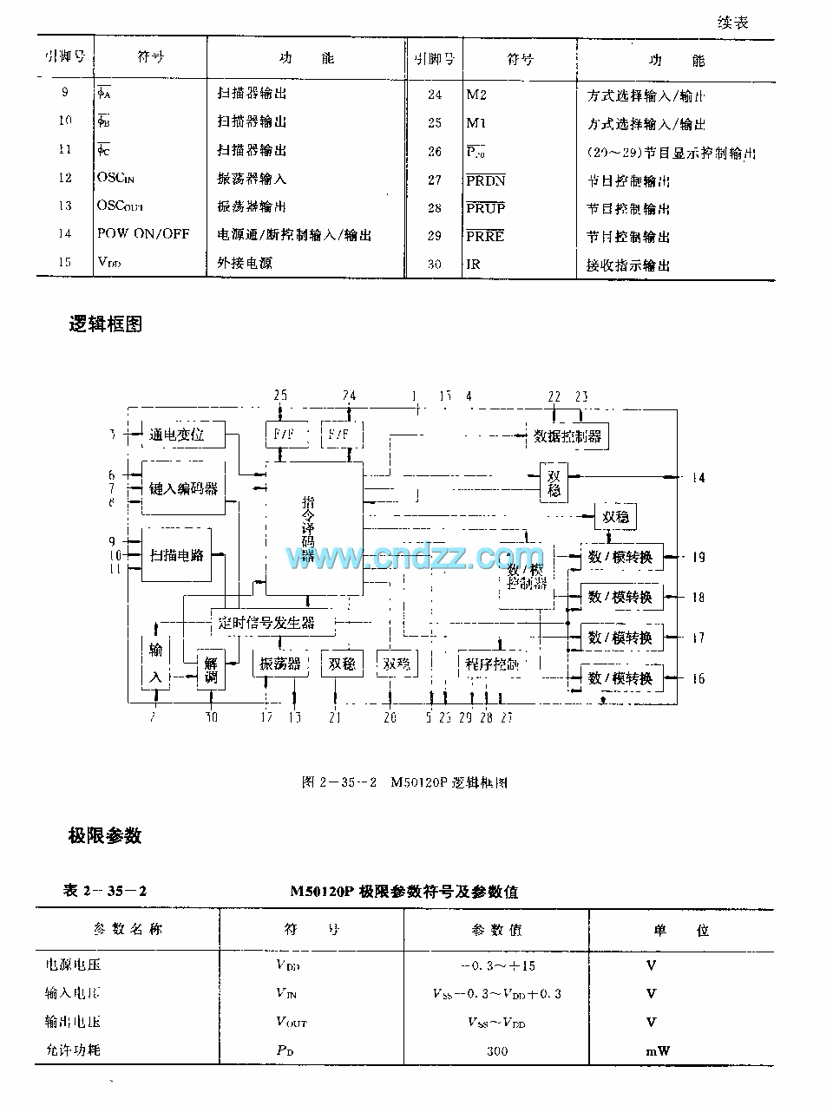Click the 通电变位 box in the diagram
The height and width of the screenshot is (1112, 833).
(177, 435)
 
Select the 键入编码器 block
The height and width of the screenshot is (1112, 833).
(183, 488)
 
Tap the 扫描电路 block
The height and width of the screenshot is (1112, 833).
(177, 554)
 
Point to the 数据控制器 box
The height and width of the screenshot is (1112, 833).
(567, 436)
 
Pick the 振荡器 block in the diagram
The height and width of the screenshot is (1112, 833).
(280, 664)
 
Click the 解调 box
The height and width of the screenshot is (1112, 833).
(211, 670)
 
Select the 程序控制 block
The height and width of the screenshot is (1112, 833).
(492, 664)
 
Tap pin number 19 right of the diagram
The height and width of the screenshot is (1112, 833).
(698, 557)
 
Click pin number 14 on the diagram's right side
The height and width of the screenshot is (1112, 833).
(698, 477)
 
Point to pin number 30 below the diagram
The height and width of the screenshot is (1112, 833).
(212, 716)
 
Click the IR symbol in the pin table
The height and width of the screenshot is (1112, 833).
(473, 265)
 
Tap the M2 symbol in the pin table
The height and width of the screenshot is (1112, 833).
(477, 95)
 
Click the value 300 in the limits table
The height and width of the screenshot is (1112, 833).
(497, 1050)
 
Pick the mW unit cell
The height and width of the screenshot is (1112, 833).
(657, 1050)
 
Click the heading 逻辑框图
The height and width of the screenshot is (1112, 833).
(106, 324)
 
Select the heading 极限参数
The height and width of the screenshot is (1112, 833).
(105, 835)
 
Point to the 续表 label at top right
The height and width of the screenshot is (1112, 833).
(733, 23)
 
